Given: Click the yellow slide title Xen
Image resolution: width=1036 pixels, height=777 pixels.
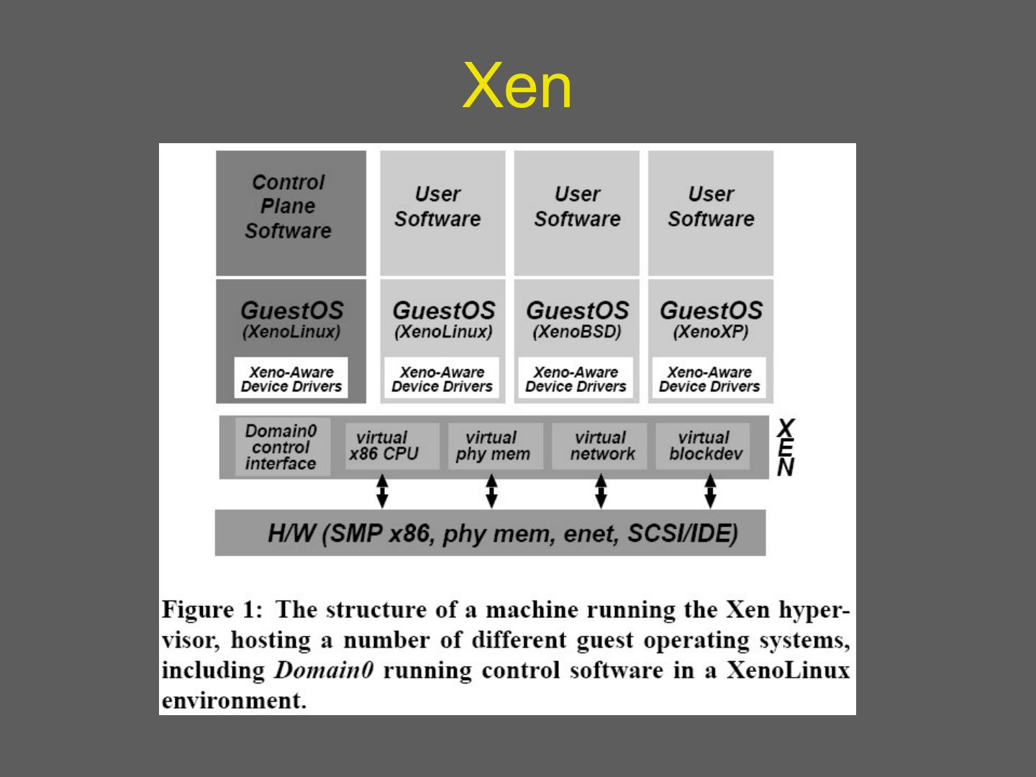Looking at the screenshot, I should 517,86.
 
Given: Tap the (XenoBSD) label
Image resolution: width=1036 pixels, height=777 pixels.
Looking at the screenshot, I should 576,332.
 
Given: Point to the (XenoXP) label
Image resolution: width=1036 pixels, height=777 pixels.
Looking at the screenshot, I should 710,332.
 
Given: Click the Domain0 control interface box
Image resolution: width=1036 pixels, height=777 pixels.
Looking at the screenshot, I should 281,447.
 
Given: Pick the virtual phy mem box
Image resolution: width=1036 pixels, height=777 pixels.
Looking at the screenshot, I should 494,446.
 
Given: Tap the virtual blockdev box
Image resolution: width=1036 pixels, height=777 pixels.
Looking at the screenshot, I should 704,446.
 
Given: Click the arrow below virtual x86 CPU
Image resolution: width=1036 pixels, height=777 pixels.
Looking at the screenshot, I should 383,491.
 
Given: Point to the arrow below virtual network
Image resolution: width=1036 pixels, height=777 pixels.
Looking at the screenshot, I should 601,491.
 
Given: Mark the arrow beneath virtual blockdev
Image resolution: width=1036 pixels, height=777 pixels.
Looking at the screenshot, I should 710,491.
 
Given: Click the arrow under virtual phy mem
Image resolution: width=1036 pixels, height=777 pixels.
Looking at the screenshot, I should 491,491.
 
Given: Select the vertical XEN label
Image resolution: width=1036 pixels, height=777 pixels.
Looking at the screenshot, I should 786,448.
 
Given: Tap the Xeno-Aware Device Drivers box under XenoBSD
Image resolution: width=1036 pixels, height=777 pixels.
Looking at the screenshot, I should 576,379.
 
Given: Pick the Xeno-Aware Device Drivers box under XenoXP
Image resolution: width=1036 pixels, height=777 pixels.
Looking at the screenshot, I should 709,379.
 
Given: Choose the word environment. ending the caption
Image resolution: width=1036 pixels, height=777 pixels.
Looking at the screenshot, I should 234,701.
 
